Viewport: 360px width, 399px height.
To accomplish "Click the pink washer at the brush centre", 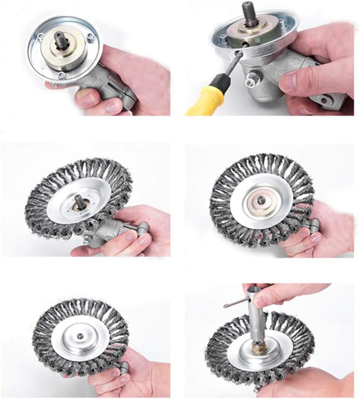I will coord(263,201).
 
